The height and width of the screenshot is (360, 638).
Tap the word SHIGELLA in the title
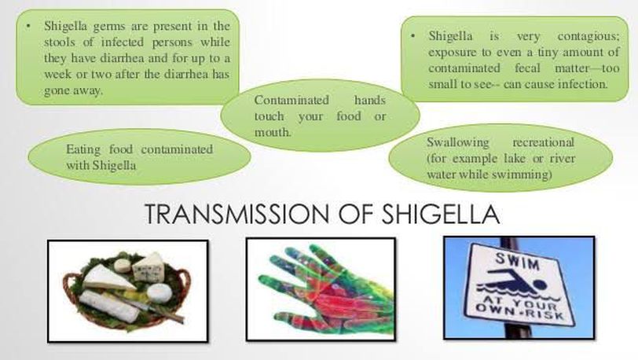tap(441, 215)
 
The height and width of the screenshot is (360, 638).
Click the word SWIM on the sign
tap(517, 261)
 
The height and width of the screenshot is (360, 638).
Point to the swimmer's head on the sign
tap(539, 284)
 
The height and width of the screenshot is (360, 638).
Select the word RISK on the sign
tap(548, 314)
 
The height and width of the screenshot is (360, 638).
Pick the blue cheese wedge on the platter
tap(149, 266)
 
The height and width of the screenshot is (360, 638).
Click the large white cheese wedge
tap(107, 277)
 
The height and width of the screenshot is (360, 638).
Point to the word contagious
tap(588, 36)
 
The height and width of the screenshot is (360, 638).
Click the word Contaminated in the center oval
tap(291, 100)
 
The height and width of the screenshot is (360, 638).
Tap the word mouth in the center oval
tap(273, 132)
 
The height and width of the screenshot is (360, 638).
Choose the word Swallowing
tap(458, 142)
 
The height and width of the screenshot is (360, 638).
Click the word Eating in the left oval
tap(83, 149)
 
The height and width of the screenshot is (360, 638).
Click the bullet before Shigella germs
tap(28, 27)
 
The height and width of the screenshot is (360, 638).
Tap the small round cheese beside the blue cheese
tap(122, 265)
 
